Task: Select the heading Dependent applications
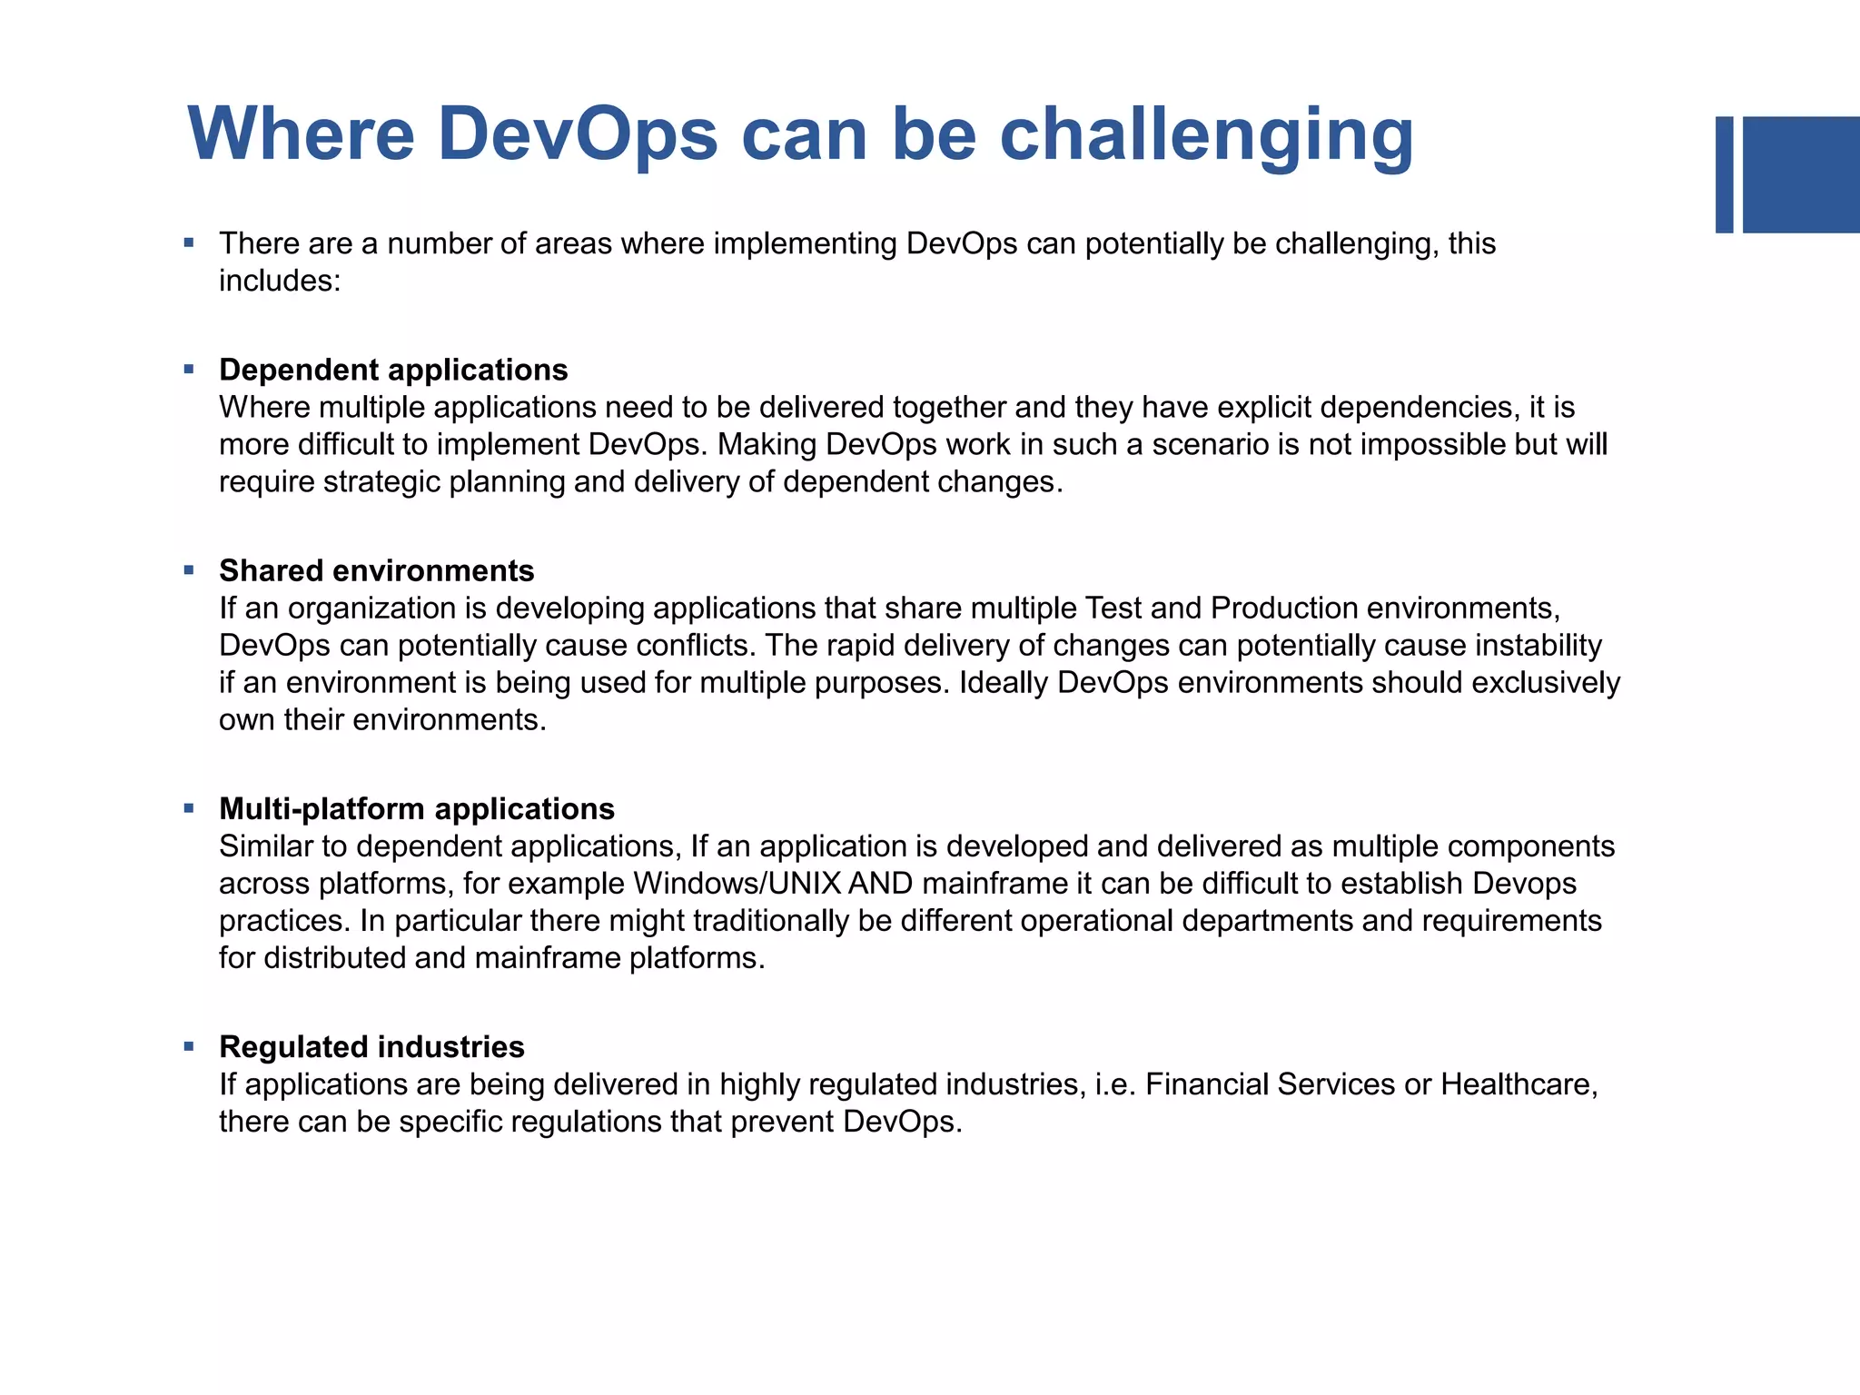coord(393,370)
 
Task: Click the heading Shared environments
coord(376,570)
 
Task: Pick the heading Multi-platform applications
coord(416,808)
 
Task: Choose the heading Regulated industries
coord(371,1046)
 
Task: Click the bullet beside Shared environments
coord(189,570)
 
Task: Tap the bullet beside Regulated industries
coord(189,1046)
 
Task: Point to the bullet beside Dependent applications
coord(189,370)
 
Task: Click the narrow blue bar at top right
coord(1724,174)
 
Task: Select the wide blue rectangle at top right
coord(1801,174)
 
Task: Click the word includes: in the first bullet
coord(280,281)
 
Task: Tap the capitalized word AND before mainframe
coord(880,883)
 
